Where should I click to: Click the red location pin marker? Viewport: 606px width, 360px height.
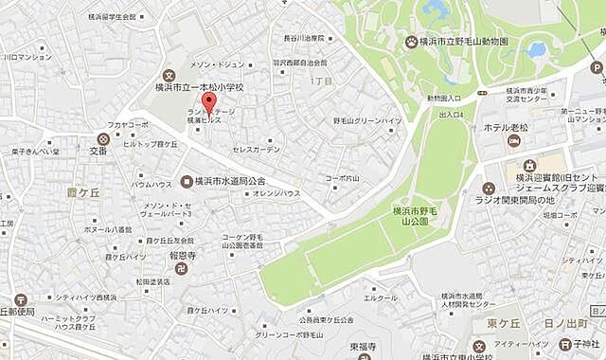click(210, 102)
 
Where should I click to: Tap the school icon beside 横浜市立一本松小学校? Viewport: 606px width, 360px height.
click(169, 75)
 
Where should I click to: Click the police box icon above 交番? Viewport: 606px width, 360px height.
click(102, 136)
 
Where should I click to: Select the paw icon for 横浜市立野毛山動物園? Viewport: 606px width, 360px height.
click(410, 42)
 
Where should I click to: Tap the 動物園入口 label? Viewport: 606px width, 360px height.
click(444, 98)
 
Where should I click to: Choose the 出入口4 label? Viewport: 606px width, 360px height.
click(452, 114)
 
